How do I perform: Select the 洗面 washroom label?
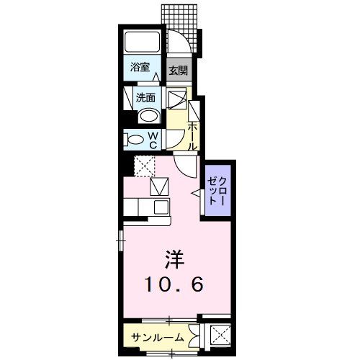pos(145,98)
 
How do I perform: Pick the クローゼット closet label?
pos(217,190)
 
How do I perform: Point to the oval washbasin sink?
pos(148,115)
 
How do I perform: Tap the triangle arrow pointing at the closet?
pos(195,192)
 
